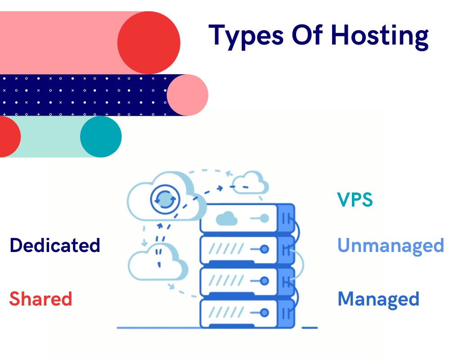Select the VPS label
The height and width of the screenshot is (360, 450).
(x=355, y=199)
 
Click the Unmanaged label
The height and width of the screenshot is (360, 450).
(x=391, y=245)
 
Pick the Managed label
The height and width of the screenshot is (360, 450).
(x=378, y=299)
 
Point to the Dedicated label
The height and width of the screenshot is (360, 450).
(x=55, y=245)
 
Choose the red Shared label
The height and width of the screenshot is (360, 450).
(x=41, y=299)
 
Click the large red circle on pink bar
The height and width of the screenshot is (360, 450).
(x=148, y=43)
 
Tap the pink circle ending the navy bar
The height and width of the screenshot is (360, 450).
(x=188, y=95)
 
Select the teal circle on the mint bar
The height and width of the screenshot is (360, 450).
(x=101, y=137)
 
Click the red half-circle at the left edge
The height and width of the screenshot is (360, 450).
(x=9, y=137)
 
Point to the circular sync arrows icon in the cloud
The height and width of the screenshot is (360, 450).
(x=165, y=198)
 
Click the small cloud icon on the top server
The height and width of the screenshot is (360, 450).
(x=226, y=219)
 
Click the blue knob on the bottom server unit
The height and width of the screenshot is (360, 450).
(x=265, y=312)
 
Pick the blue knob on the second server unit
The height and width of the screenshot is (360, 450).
(x=265, y=248)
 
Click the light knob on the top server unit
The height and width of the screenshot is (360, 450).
(x=265, y=219)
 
